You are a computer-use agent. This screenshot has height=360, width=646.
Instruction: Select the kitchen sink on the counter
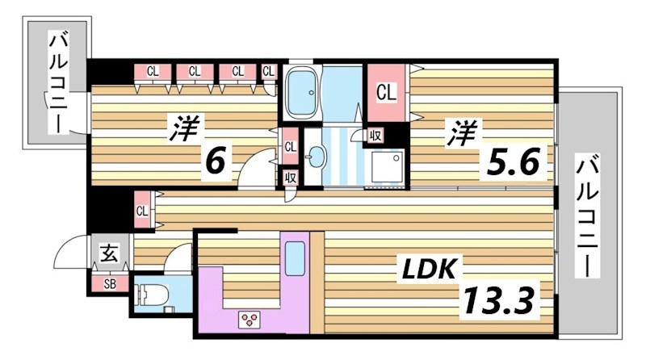click(x=295, y=258)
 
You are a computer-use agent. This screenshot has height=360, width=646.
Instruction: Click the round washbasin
click(x=317, y=157)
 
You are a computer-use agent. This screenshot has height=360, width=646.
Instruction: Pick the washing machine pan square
click(x=387, y=166)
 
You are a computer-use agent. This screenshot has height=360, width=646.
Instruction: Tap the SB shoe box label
click(x=110, y=284)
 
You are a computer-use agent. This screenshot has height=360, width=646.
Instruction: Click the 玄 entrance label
click(x=109, y=253)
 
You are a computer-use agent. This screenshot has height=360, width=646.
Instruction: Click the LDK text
click(x=429, y=269)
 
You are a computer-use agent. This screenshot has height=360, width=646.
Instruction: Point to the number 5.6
click(x=513, y=161)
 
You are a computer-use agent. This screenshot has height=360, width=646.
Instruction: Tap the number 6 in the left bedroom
click(x=216, y=161)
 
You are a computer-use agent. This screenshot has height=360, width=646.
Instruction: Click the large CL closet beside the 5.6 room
click(x=386, y=92)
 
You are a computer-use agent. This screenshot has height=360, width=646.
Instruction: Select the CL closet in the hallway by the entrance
click(x=143, y=211)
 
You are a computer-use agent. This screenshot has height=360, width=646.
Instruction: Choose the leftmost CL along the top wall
click(x=153, y=72)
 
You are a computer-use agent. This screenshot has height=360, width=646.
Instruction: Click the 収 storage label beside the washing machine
click(x=375, y=136)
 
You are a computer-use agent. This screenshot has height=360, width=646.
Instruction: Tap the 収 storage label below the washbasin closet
click(x=291, y=178)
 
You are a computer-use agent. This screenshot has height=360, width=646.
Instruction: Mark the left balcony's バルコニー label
click(x=59, y=83)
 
